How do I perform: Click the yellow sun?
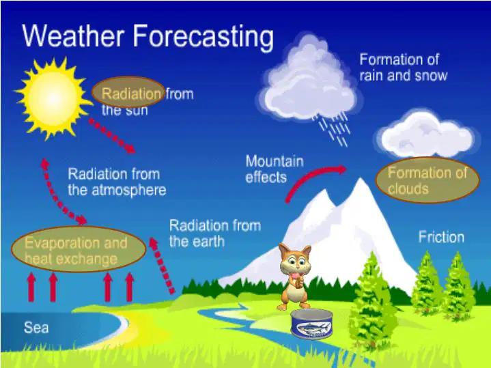click(53, 98)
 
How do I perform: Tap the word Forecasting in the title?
click(203, 36)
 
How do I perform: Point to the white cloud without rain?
click(427, 134)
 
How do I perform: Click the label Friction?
click(441, 237)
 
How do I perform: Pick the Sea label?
click(36, 328)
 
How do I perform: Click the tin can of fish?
click(311, 324)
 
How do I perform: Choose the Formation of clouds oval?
click(427, 181)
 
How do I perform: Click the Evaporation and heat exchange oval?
click(79, 249)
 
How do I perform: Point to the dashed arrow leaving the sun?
click(112, 136)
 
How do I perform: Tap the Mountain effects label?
click(275, 169)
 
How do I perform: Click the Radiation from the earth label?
click(215, 233)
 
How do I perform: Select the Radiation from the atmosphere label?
click(117, 182)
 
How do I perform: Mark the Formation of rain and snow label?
click(404, 68)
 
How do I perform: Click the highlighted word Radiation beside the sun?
click(131, 94)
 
